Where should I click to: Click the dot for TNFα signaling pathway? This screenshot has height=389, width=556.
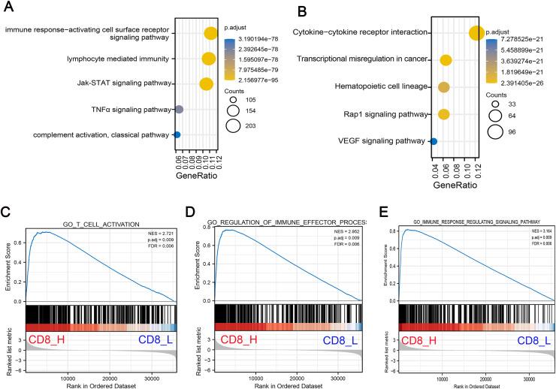click(x=180, y=110)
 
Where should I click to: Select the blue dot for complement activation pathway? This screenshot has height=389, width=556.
click(x=177, y=135)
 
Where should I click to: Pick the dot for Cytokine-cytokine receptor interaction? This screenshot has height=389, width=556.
click(x=476, y=32)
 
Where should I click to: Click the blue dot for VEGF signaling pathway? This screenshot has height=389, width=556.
click(x=434, y=140)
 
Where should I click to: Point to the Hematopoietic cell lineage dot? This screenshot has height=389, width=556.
click(x=444, y=87)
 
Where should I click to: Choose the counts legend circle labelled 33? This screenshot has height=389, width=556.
click(x=495, y=106)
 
